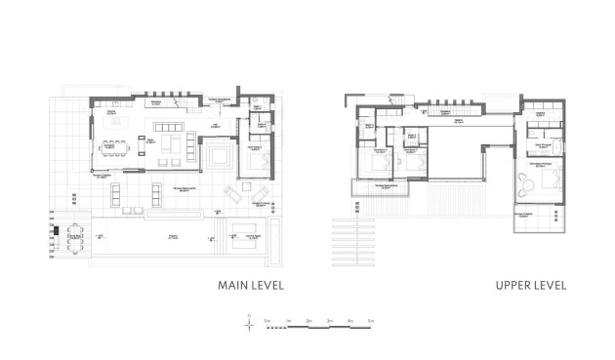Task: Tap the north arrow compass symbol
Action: [250, 329]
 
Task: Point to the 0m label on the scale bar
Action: [266, 320]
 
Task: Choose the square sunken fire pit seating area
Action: [217, 156]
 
